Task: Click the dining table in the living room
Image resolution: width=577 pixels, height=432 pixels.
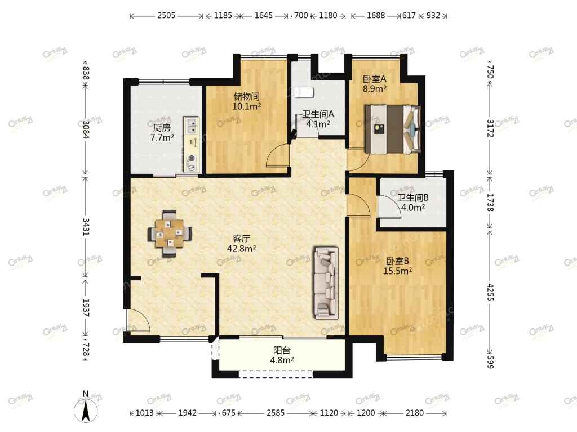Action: pos(170,233)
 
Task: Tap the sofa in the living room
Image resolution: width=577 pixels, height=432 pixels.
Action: pos(326,282)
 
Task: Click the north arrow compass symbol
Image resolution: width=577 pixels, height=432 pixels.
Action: pos(86,408)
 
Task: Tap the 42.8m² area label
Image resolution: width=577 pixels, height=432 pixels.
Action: pos(241,249)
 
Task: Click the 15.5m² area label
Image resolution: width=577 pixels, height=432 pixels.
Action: pos(397,271)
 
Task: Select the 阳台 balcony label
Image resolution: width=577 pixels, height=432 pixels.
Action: pos(282,351)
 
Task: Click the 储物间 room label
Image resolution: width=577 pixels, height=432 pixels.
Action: pos(247,97)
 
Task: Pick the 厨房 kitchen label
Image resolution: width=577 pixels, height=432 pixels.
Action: pos(162,128)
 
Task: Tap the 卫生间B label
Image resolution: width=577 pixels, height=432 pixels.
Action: pos(413,197)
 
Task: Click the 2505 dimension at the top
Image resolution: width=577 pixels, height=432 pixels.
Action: pos(166,15)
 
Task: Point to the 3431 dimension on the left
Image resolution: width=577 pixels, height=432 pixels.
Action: pos(86,227)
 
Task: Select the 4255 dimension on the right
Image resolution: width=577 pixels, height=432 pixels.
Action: pos(490,292)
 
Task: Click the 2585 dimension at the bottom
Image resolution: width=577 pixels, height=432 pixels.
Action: pos(276,413)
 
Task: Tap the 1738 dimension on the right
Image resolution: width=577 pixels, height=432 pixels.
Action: pos(490,202)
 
